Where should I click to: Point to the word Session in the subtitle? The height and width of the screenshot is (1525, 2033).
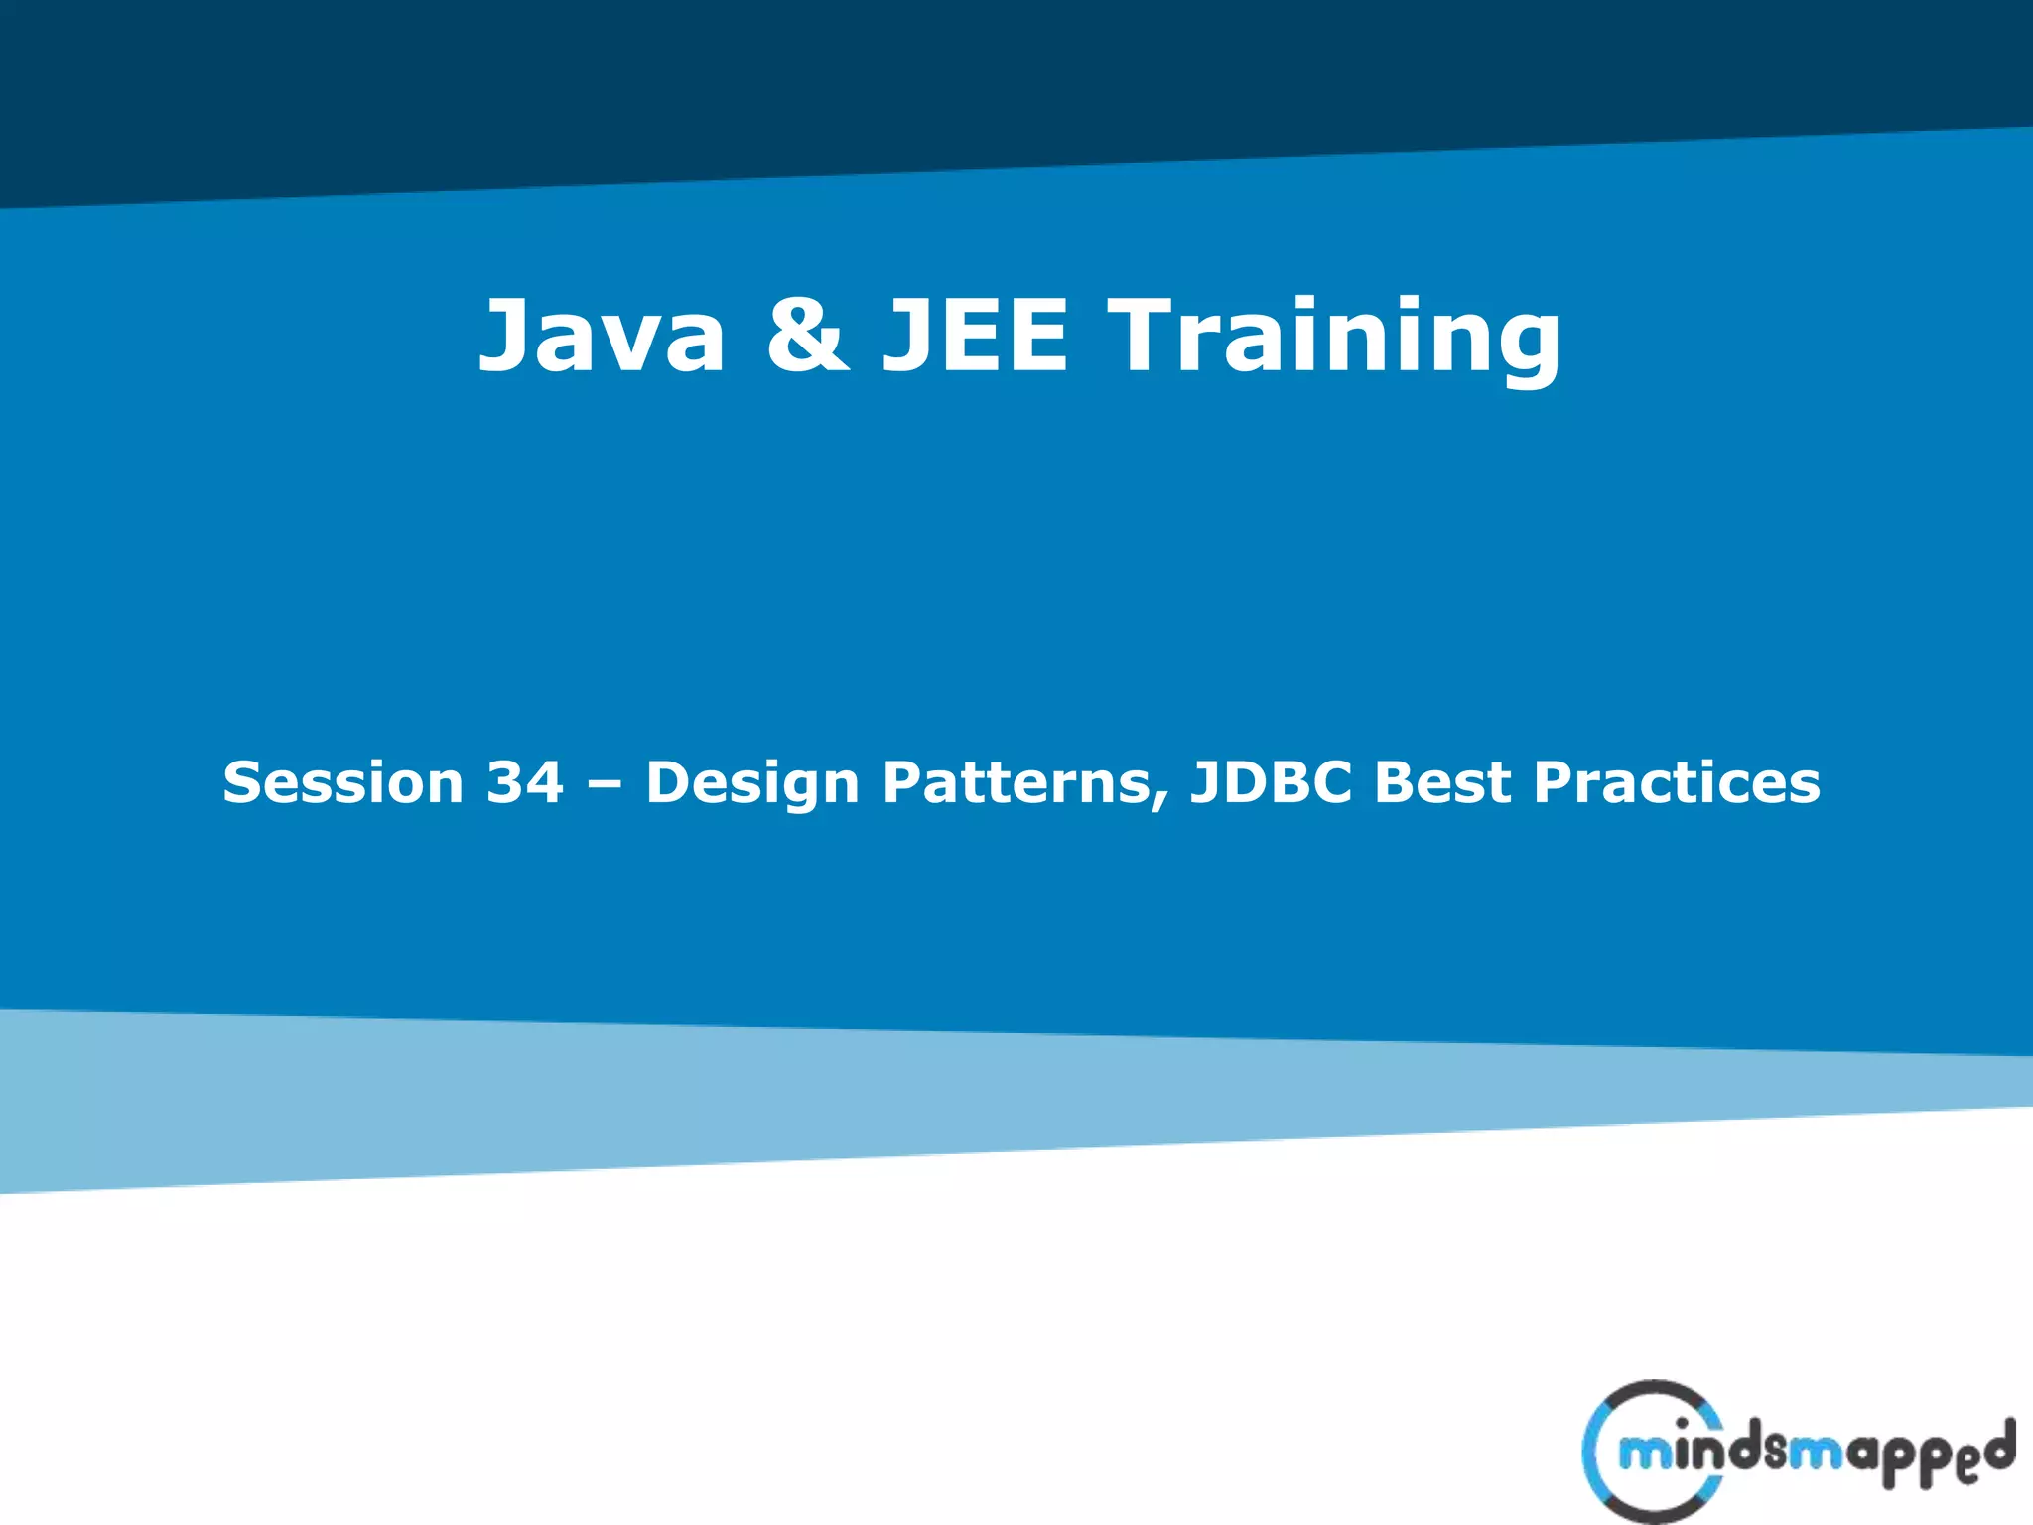click(343, 782)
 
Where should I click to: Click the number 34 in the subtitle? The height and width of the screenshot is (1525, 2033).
click(524, 782)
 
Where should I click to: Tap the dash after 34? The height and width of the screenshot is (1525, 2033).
click(605, 784)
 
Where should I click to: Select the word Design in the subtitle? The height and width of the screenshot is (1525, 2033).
click(752, 782)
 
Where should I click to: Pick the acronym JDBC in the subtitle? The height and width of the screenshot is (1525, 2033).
click(1272, 782)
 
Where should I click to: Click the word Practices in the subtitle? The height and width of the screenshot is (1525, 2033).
click(1677, 782)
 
